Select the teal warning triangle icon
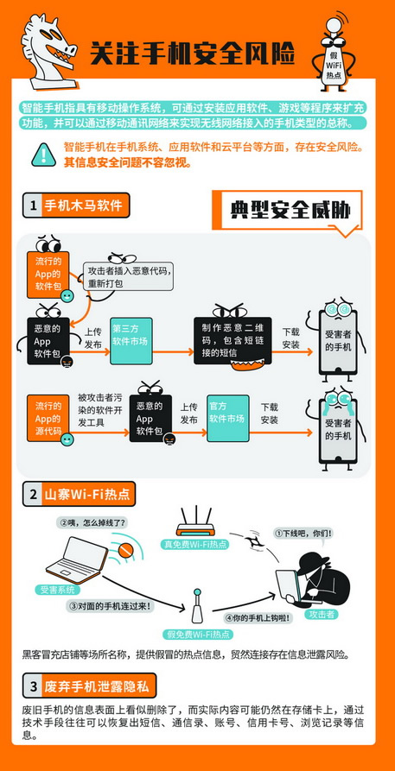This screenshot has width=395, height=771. pyautogui.click(x=44, y=155)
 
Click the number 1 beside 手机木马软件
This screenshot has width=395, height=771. pyautogui.click(x=33, y=205)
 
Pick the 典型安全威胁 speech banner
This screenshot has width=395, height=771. pyautogui.click(x=287, y=210)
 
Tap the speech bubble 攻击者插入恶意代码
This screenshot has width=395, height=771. pyautogui.click(x=131, y=276)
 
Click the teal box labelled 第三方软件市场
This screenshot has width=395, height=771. pyautogui.click(x=131, y=341)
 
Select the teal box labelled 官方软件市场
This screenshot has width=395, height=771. pyautogui.click(x=227, y=418)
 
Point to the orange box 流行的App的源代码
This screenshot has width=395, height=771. pyautogui.click(x=48, y=418)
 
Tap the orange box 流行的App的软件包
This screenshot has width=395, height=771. pyautogui.click(x=48, y=275)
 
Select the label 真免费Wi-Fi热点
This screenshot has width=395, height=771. pyautogui.click(x=195, y=544)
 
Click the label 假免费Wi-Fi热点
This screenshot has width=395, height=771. pyautogui.click(x=199, y=634)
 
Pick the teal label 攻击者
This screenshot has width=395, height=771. pyautogui.click(x=322, y=614)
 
